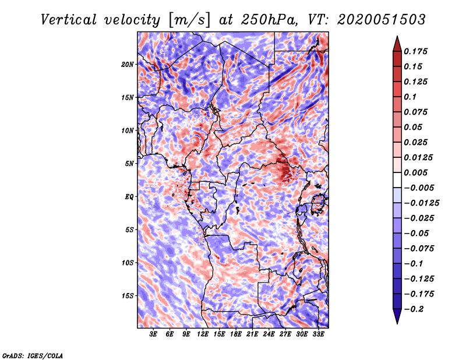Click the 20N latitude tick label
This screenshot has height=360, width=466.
pyautogui.click(x=128, y=65)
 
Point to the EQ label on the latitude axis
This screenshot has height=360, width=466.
pyautogui.click(x=129, y=197)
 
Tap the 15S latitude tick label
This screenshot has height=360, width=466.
pyautogui.click(x=128, y=296)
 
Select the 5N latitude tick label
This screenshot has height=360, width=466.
pyautogui.click(x=129, y=164)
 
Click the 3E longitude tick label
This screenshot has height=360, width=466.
pyautogui.click(x=153, y=334)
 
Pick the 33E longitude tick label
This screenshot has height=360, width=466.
pyautogui.click(x=318, y=334)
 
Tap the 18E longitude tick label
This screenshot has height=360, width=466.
pyautogui.click(x=236, y=334)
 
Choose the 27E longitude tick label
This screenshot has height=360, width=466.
pyautogui.click(x=285, y=334)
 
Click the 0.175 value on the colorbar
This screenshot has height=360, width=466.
pyautogui.click(x=415, y=51)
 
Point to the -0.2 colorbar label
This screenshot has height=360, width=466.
pyautogui.click(x=414, y=309)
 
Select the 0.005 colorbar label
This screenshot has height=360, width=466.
pyautogui.click(x=415, y=172)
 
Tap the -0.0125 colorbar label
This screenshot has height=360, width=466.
pyautogui.click(x=421, y=203)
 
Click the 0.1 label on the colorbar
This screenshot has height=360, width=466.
pyautogui.click(x=410, y=97)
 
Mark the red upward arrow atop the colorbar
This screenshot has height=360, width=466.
pyautogui.click(x=397, y=44)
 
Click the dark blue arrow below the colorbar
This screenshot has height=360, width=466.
pyautogui.click(x=397, y=316)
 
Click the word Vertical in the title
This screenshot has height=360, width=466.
pyautogui.click(x=69, y=20)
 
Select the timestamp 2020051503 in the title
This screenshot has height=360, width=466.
pyautogui.click(x=382, y=20)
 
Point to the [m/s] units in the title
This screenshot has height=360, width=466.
pyautogui.click(x=189, y=20)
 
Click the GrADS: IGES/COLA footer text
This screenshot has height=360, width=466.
pyautogui.click(x=33, y=355)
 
